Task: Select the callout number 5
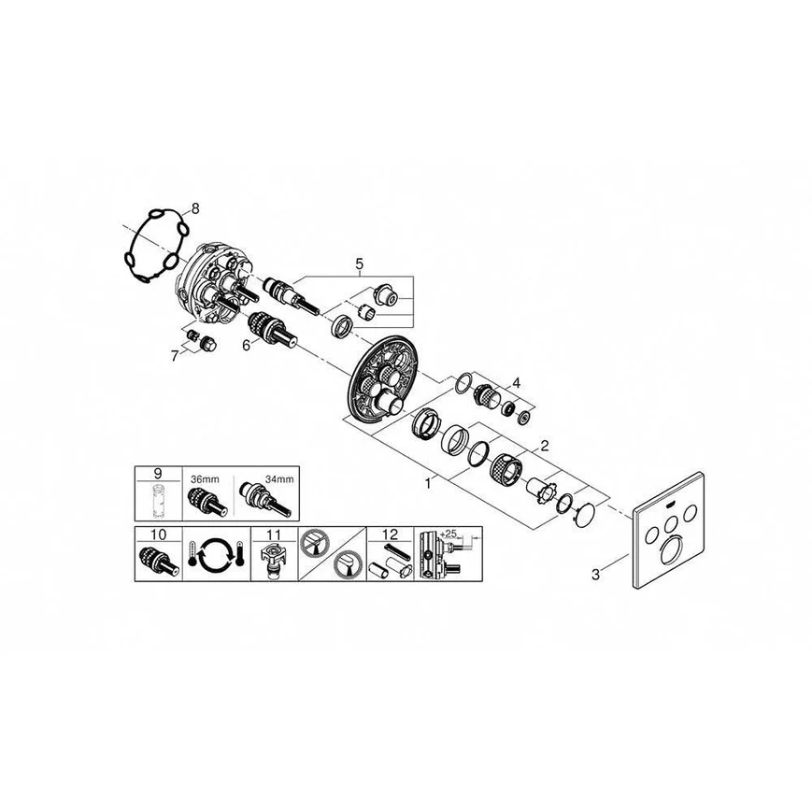(x=359, y=264)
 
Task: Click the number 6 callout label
(x=247, y=344)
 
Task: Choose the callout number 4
(x=513, y=382)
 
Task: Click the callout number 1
(x=428, y=483)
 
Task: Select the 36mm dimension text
(x=202, y=478)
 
